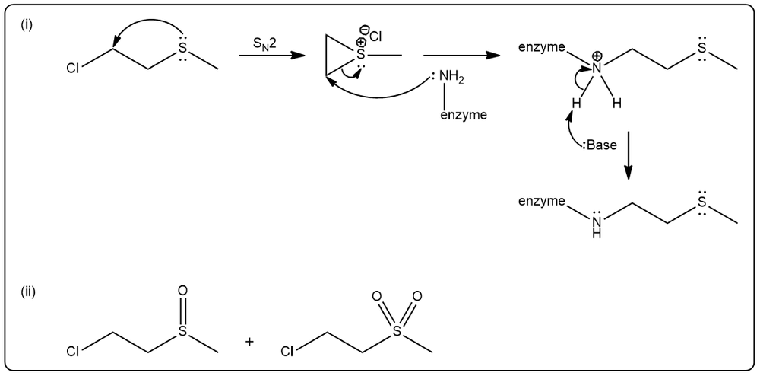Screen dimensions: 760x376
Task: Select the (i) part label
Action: point(26,26)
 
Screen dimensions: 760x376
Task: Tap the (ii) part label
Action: point(28,292)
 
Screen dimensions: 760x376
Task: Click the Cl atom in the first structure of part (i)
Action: point(73,69)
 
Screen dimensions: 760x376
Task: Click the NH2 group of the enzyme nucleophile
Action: point(451,77)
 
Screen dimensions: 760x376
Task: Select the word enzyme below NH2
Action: point(464,116)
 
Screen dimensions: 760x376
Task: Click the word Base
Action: point(601,145)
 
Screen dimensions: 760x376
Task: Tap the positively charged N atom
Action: point(597,69)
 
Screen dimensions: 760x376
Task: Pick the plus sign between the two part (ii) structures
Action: point(249,342)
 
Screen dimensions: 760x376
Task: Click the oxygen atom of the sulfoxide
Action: point(182,291)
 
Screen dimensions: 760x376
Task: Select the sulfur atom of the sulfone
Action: point(397,331)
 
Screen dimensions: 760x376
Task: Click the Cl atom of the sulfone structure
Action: point(288,352)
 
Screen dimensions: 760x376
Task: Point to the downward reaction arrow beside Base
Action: point(629,155)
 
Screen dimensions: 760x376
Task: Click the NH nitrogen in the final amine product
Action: point(597,222)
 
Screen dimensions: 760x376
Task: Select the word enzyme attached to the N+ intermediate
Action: point(541,47)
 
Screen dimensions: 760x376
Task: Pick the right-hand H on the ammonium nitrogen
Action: point(616,104)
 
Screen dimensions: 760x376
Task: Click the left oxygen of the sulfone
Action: point(376,295)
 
